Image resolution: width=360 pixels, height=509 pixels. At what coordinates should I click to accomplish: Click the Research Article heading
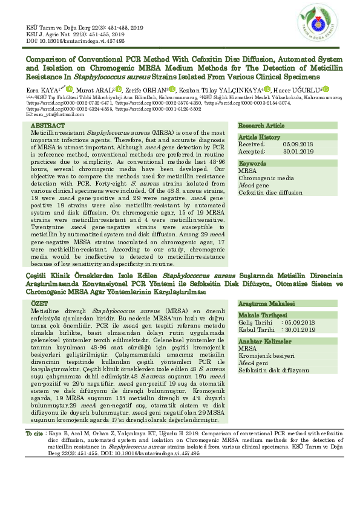(261, 125)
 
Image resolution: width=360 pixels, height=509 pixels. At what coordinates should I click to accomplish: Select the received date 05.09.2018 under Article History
(298, 144)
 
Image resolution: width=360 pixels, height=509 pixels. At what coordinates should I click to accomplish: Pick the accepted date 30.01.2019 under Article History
(298, 151)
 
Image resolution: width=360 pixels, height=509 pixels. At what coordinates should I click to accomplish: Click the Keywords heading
(252, 164)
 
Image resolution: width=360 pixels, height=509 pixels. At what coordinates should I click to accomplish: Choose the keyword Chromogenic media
(266, 178)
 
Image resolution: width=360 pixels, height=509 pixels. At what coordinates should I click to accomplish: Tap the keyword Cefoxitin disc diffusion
(270, 192)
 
